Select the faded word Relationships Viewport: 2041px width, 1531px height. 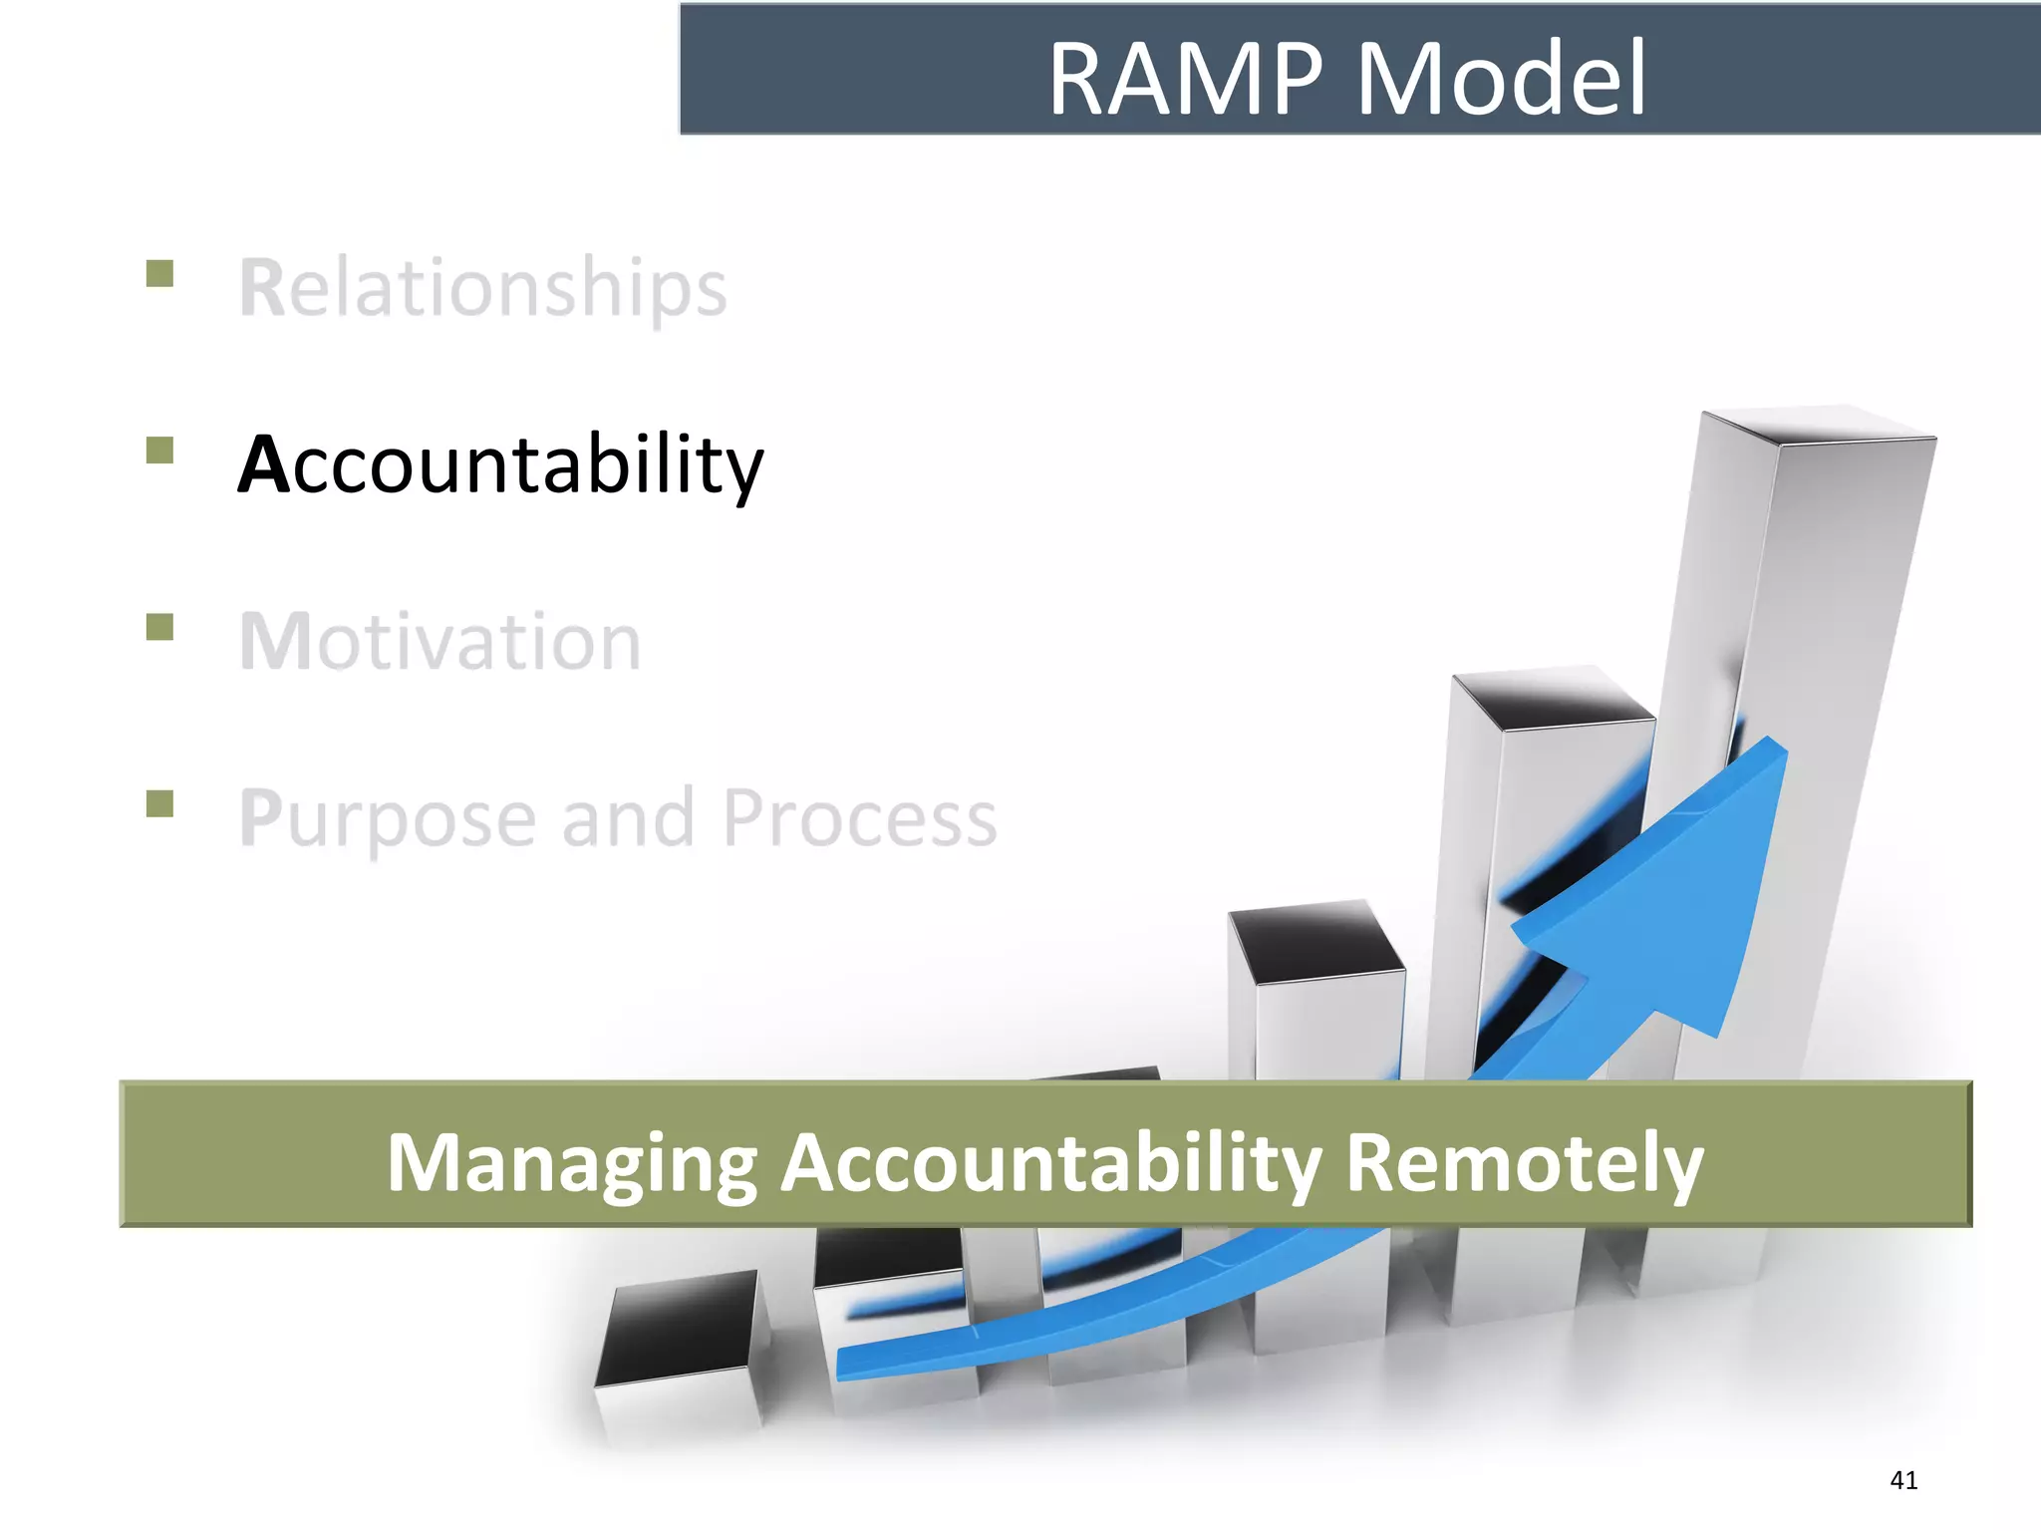[483, 288]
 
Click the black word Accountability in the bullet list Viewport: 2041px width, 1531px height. [500, 464]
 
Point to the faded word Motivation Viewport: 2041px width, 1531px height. [440, 642]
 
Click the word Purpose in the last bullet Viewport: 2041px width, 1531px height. [389, 819]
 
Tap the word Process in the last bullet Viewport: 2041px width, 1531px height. [859, 819]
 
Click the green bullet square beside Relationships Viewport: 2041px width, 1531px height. [159, 273]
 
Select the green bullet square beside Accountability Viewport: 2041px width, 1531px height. [159, 451]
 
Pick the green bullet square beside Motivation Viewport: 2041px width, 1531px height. [159, 627]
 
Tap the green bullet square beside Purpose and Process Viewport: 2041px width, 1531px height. [159, 803]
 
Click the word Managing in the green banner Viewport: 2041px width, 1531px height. [572, 1163]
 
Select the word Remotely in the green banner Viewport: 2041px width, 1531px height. [1524, 1163]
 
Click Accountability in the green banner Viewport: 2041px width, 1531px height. [1051, 1163]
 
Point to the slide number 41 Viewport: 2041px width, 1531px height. [1903, 1480]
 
